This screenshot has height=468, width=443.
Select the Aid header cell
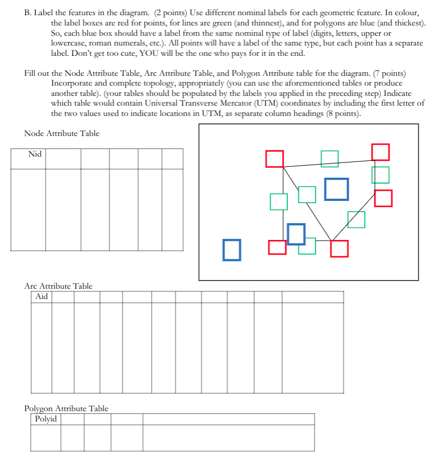pos(41,297)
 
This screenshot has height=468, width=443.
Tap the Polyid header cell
pos(46,419)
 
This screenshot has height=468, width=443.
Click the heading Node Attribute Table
pos(62,133)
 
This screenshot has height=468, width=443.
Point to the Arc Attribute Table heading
pos(58,286)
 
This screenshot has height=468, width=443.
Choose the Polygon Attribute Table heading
pos(66,408)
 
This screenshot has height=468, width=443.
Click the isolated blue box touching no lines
pos(232,250)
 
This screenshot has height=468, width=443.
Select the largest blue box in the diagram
pos(337,189)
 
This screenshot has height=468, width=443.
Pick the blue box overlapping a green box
pos(296,233)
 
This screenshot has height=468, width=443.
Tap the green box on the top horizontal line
pos(329,159)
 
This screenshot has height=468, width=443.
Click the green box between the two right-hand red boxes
pos(380,175)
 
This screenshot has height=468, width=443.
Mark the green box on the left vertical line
pos(279,201)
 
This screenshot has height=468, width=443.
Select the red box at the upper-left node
pos(274,159)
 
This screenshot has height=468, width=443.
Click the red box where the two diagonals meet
pos(339,248)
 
